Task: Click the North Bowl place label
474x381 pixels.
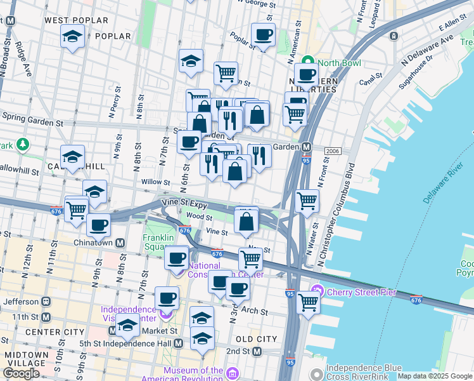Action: (x=338, y=63)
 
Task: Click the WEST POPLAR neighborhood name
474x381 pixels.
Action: (x=76, y=20)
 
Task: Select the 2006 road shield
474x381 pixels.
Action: (x=333, y=151)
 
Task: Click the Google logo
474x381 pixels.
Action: (x=21, y=373)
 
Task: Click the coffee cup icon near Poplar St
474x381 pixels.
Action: (x=263, y=34)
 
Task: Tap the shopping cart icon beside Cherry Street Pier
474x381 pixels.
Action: (x=308, y=302)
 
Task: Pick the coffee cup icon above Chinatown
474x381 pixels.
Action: (x=98, y=224)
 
